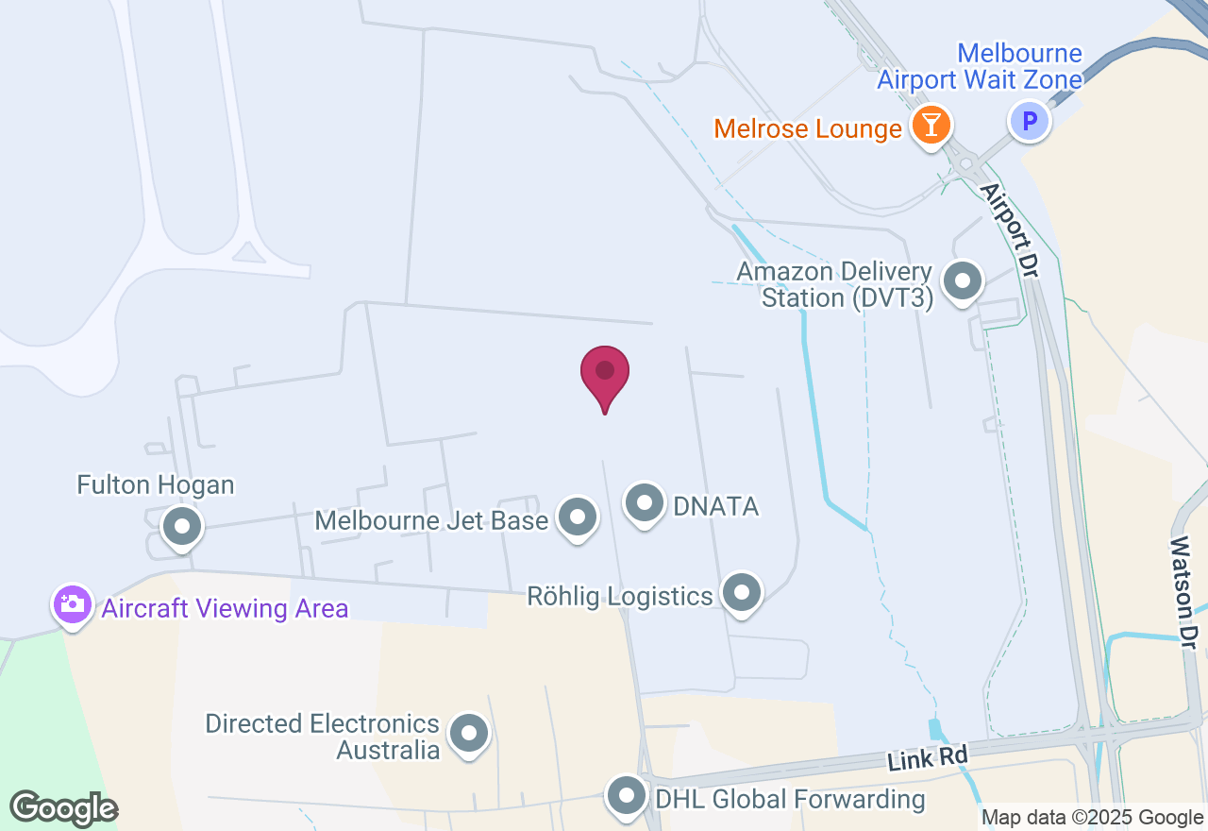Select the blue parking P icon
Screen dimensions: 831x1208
[1030, 121]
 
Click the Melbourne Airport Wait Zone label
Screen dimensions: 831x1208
[980, 66]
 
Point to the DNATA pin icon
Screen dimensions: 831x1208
[646, 502]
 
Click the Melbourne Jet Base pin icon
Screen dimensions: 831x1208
[578, 517]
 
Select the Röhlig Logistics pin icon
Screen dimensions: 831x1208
[742, 593]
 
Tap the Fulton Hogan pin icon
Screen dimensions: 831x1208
[183, 525]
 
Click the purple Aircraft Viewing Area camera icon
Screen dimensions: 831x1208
[73, 604]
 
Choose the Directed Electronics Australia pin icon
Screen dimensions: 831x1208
[469, 733]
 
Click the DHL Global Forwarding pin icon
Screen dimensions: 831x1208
[627, 795]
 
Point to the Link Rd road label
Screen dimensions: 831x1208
[929, 754]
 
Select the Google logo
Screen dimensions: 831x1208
[63, 808]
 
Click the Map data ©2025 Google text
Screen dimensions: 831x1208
[1092, 818]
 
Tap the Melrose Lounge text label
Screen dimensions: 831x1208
[808, 128]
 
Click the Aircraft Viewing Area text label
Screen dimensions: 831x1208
[225, 608]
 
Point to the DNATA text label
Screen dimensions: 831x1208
[716, 506]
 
